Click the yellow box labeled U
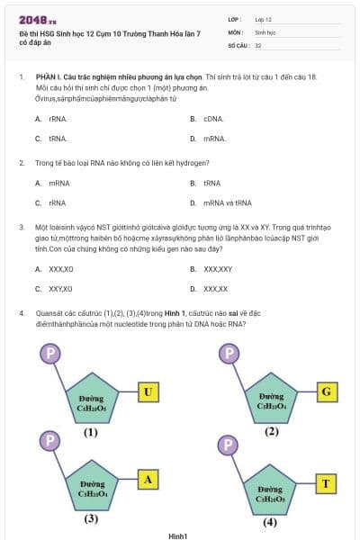[x=148, y=391]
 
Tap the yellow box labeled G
[x=327, y=391]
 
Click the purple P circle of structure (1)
[x=49, y=353]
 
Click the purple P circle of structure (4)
[x=229, y=445]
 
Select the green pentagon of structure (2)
[x=271, y=397]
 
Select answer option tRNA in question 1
[x=58, y=139]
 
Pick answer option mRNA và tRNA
[x=227, y=203]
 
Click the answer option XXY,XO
[x=61, y=289]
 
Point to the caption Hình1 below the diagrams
[x=177, y=535]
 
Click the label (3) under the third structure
[x=91, y=518]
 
